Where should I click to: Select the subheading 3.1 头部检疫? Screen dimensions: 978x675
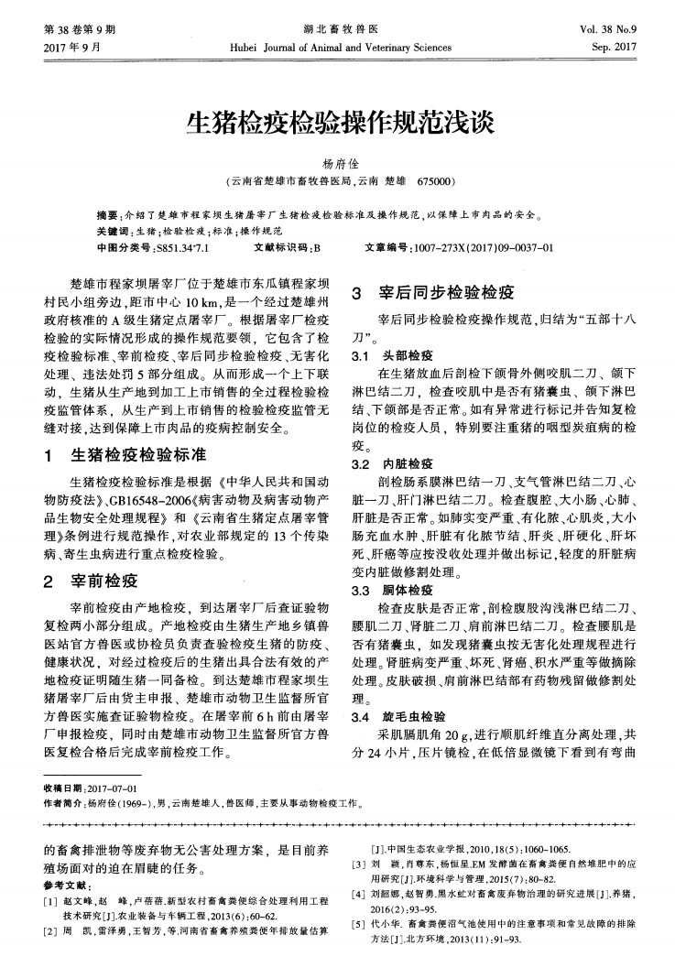[393, 355]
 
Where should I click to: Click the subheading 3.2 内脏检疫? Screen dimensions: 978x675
[393, 463]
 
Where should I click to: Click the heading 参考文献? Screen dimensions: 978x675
[67, 884]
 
